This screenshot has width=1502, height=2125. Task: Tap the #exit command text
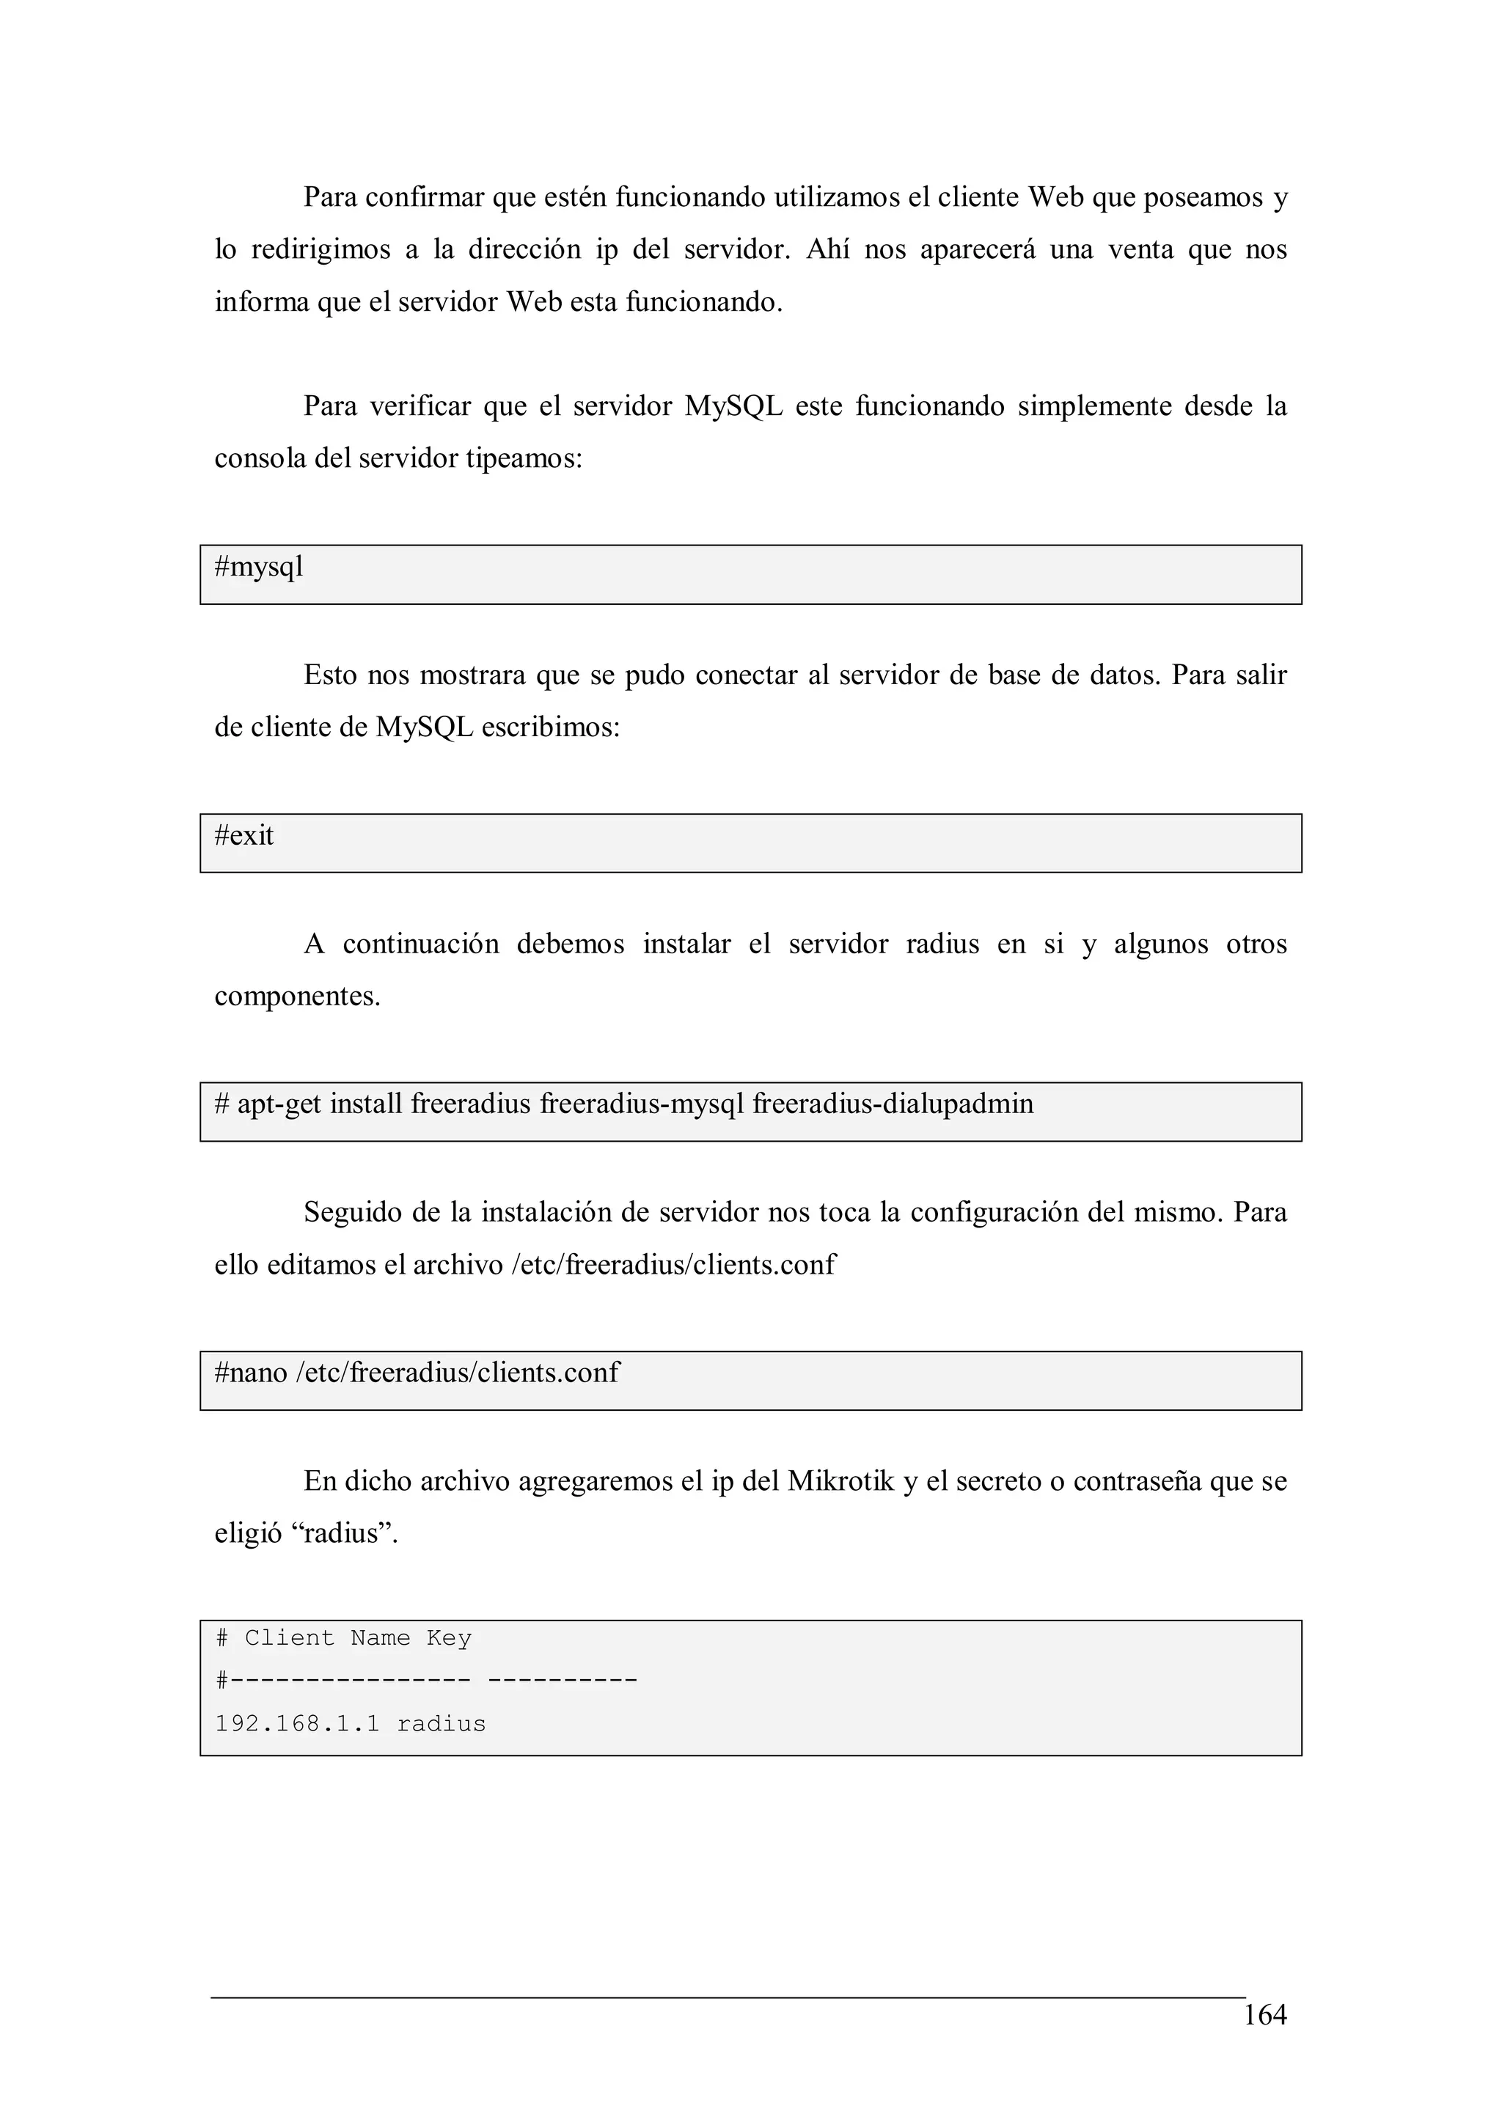[x=244, y=836]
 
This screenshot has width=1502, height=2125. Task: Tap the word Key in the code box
[x=449, y=1638]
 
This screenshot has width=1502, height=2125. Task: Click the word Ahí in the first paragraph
[x=827, y=250]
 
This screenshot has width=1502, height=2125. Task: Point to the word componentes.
[x=297, y=997]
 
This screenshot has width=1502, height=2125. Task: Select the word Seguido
[x=353, y=1212]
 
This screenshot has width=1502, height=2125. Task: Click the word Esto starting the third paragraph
[x=329, y=675]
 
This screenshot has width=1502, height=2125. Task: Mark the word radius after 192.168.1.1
[x=442, y=1723]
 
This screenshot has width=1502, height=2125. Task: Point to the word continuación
[x=420, y=944]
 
